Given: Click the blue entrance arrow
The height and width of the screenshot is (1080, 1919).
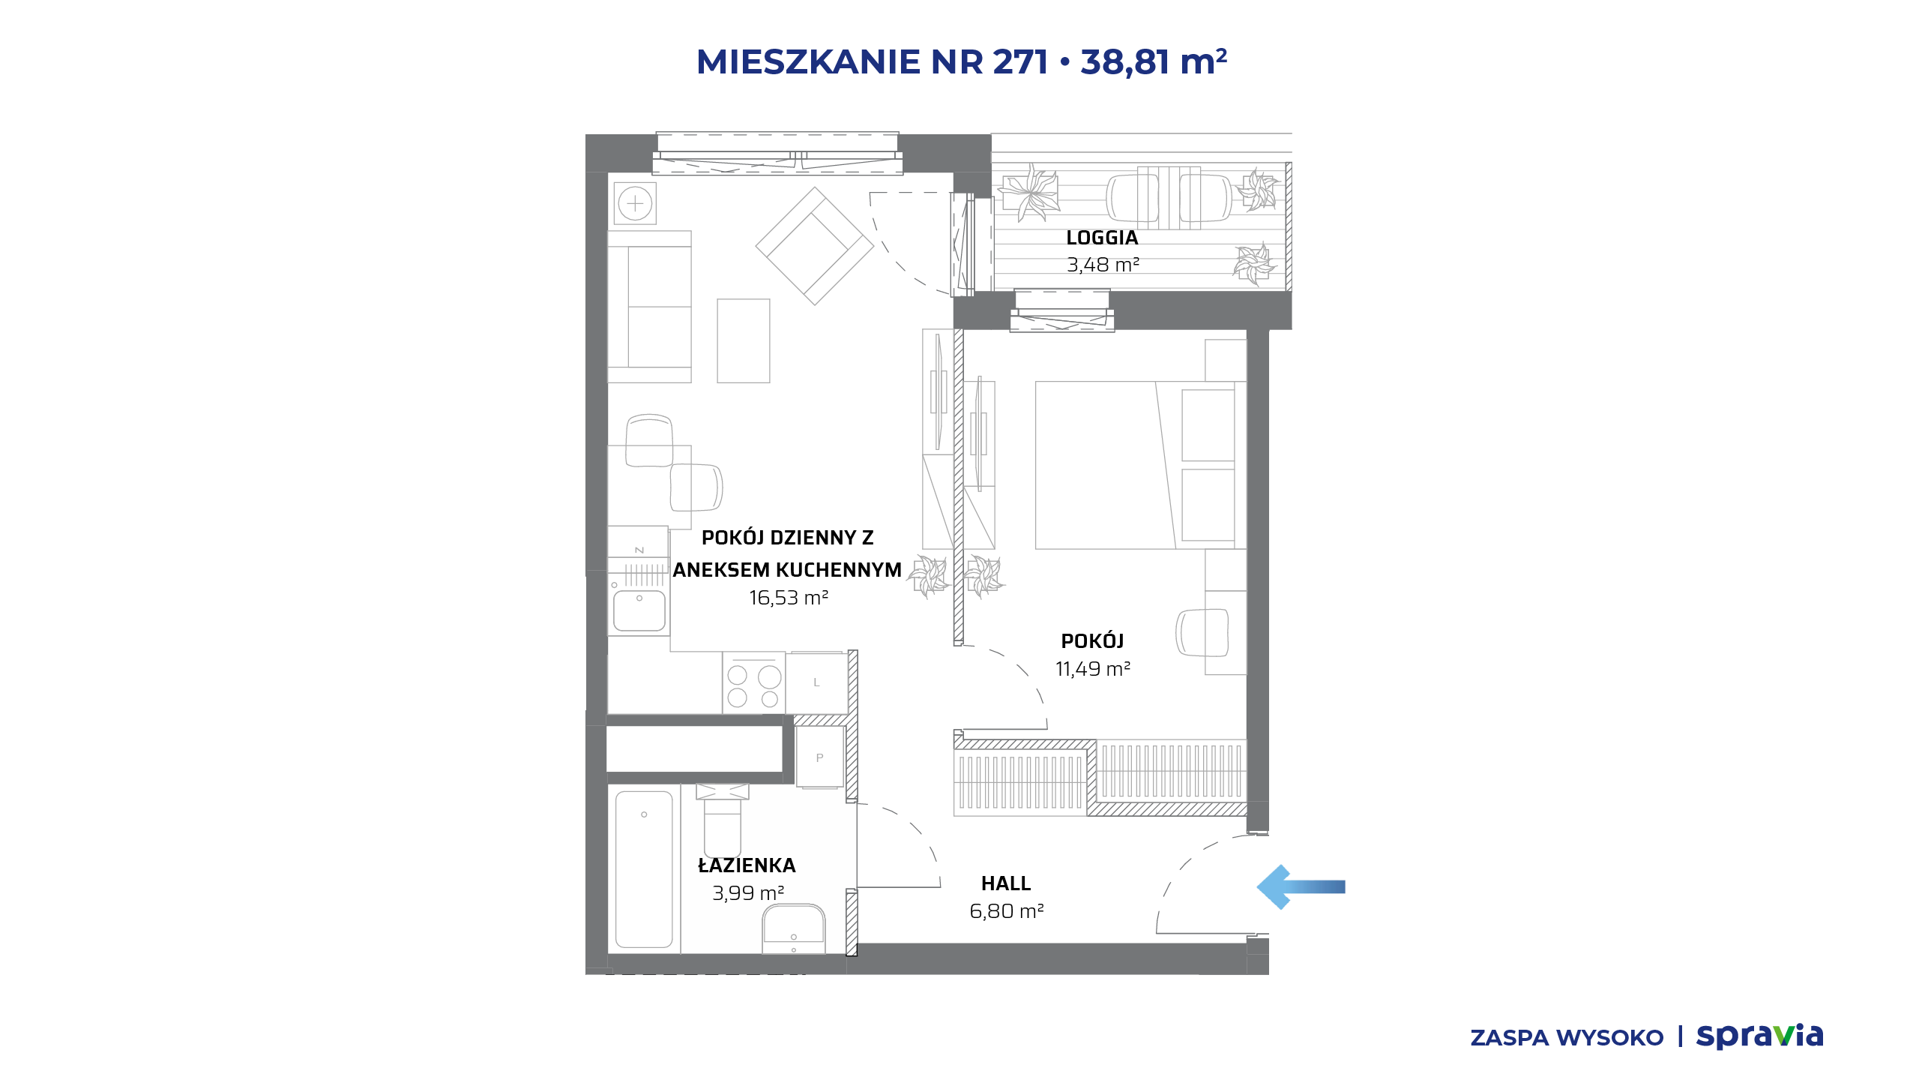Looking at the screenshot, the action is point(1301,886).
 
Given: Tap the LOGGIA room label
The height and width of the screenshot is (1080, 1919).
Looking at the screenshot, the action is point(1102,238).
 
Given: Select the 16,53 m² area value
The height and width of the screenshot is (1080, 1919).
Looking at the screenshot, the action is point(789,598).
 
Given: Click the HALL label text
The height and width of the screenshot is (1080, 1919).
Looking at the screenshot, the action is point(1006,883).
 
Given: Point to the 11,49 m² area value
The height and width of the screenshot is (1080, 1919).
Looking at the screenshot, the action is point(1093,668).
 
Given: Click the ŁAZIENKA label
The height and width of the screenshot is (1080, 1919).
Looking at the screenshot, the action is point(747,865).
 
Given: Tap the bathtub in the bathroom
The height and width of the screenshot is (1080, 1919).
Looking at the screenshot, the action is point(644,868).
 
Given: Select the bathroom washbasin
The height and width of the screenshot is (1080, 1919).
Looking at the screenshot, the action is point(794,928).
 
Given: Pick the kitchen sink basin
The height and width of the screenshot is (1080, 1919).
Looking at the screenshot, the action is point(639,610).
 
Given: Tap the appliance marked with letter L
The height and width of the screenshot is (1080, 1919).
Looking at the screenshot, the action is point(816,682).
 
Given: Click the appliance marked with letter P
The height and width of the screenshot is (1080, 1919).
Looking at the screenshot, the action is point(819,757).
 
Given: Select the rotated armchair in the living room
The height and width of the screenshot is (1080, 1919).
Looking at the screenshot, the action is point(815,246).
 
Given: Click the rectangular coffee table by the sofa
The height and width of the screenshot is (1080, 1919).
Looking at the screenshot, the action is point(744,340).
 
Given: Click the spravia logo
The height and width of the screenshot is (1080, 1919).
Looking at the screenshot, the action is point(1759,1036).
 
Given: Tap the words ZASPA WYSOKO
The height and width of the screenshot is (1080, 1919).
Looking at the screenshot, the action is point(1567,1038).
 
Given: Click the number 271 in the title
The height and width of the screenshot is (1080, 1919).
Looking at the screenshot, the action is point(1020,61).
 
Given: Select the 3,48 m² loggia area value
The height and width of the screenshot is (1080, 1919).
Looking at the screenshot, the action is point(1103,265).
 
